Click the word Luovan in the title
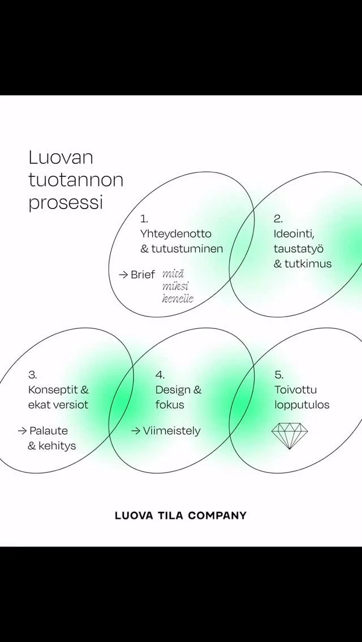pyautogui.click(x=61, y=158)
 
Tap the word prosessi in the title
pyautogui.click(x=66, y=203)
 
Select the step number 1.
pyautogui.click(x=144, y=219)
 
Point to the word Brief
pyautogui.click(x=143, y=275)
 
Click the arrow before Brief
pyautogui.click(x=123, y=275)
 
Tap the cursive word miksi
pyautogui.click(x=175, y=286)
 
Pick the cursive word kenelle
pyautogui.click(x=178, y=298)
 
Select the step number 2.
pyautogui.click(x=278, y=219)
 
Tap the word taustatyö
pyautogui.click(x=299, y=249)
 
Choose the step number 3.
pyautogui.click(x=32, y=375)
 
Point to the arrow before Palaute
pyautogui.click(x=22, y=431)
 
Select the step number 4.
pyautogui.click(x=160, y=375)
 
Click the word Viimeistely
pyautogui.click(x=171, y=431)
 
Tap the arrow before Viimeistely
pyautogui.click(x=136, y=431)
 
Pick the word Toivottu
pyautogui.click(x=295, y=390)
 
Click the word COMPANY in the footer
pyautogui.click(x=217, y=515)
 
